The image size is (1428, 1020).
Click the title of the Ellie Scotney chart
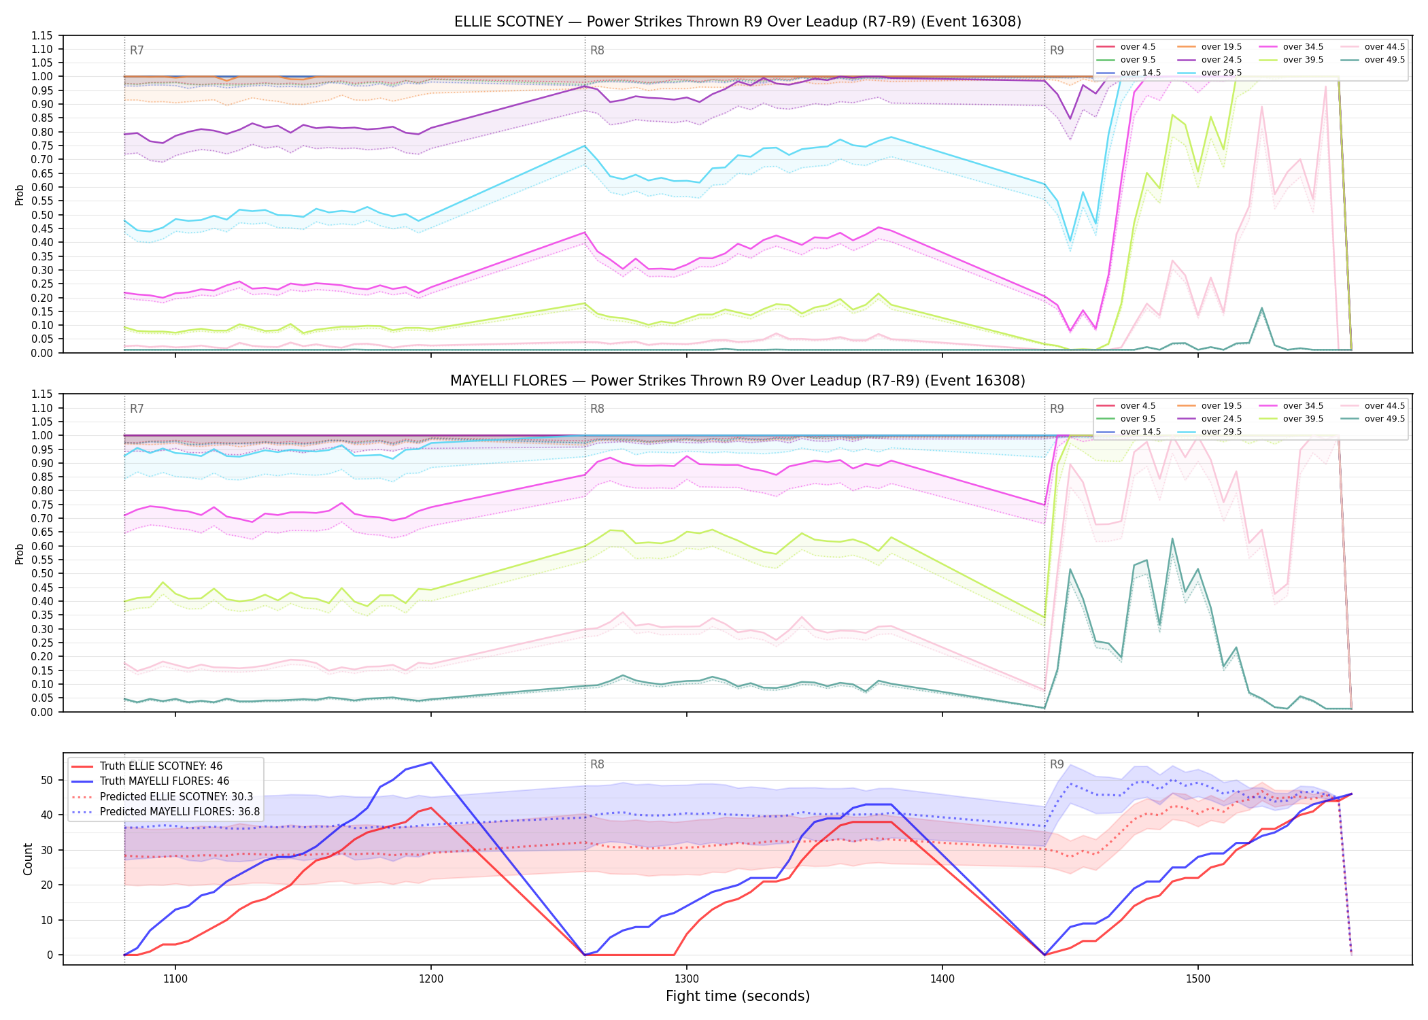[738, 22]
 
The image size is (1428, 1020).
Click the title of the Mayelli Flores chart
[738, 381]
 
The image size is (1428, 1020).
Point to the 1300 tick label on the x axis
[687, 979]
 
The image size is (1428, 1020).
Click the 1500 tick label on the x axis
[1198, 979]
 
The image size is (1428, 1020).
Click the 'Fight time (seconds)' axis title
[738, 997]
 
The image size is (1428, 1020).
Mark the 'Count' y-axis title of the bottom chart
[28, 860]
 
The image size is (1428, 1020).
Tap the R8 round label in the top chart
[597, 50]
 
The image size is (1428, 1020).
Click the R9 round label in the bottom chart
[1057, 764]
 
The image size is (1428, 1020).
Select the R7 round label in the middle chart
[137, 409]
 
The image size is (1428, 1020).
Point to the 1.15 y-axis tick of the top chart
[43, 35]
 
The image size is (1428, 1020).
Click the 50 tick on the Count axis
[47, 780]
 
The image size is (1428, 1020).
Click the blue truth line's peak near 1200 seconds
[431, 762]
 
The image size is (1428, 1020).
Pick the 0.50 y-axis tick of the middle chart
[43, 573]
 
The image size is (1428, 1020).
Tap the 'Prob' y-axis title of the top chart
[20, 195]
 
